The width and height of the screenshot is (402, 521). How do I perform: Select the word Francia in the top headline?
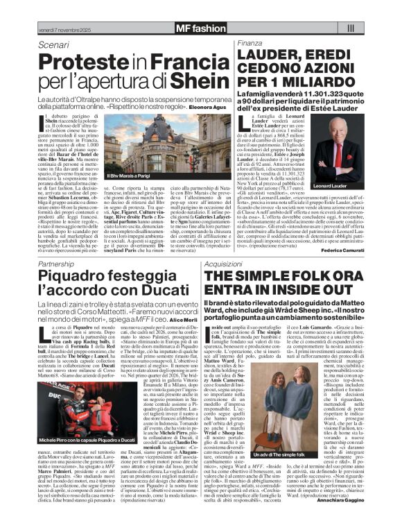[x=176, y=62]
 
